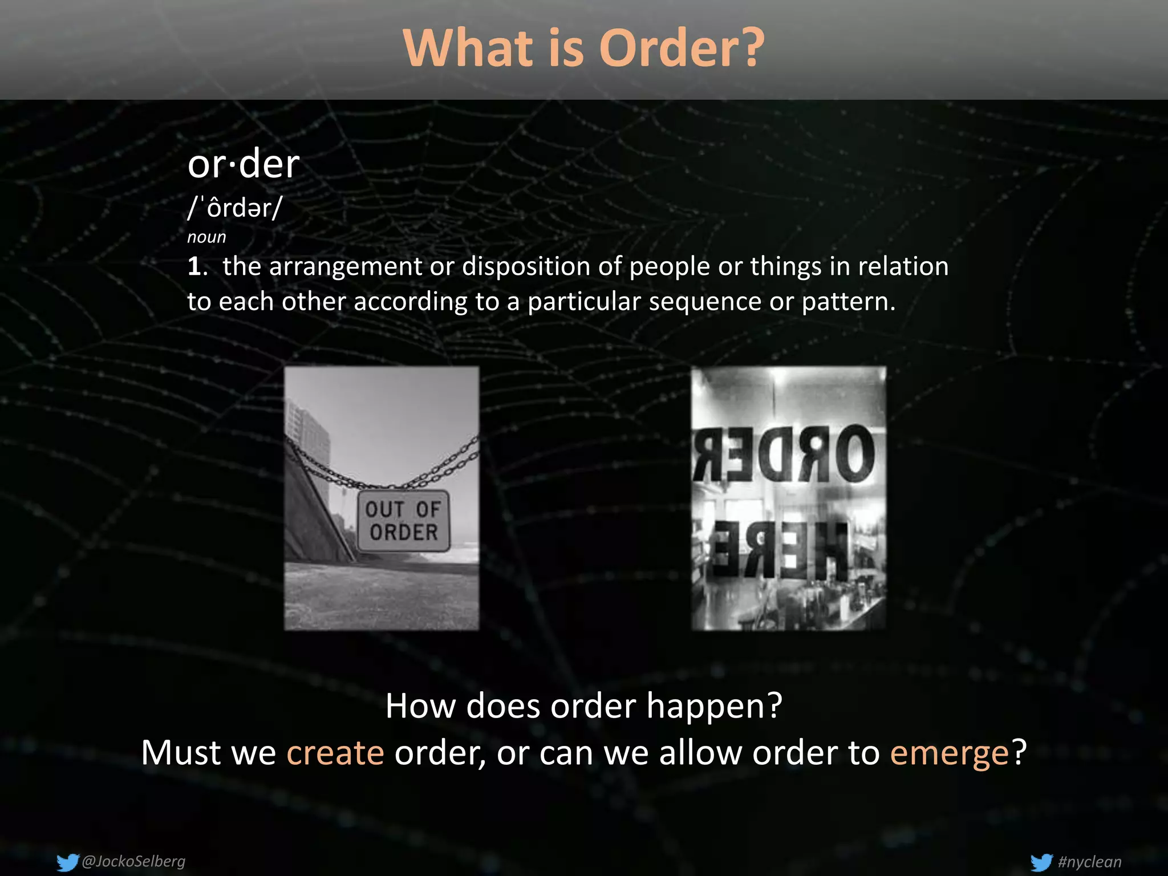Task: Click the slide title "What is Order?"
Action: coord(583,48)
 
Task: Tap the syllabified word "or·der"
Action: coord(244,165)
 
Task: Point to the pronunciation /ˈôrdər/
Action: coord(234,208)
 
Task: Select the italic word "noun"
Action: coord(206,237)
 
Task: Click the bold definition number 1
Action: coord(194,266)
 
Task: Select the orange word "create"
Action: coord(335,753)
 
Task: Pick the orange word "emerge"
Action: coord(950,753)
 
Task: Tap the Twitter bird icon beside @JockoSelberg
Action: coord(67,862)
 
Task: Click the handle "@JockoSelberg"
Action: coord(134,861)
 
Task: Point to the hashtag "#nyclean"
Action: coord(1089,862)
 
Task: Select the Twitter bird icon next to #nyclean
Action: coord(1041,862)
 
